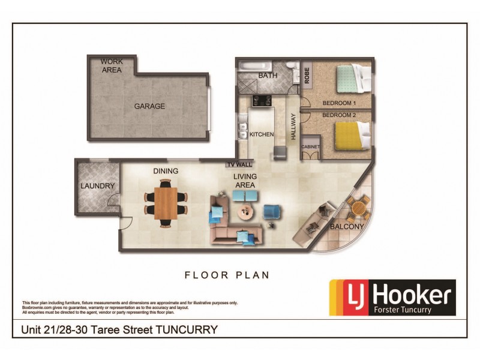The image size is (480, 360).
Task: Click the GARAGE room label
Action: click(149, 106)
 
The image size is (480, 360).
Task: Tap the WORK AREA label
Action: click(112, 65)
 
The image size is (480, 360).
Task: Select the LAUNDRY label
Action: click(97, 186)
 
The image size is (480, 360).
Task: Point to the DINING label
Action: click(166, 171)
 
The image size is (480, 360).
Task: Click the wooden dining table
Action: click(166, 203)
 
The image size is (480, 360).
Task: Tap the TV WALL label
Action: click(239, 164)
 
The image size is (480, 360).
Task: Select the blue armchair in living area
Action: click(272, 212)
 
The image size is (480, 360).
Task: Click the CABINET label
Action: click(310, 146)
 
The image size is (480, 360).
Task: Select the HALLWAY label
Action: click(293, 127)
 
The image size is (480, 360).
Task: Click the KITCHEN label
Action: click(262, 134)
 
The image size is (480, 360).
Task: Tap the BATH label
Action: click(267, 76)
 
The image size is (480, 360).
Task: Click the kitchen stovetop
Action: click(262, 100)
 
